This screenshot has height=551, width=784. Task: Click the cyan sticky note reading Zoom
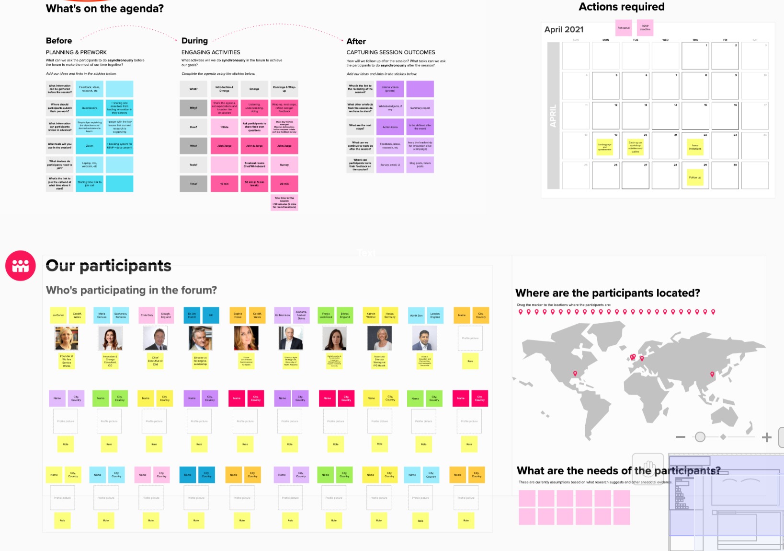(90, 146)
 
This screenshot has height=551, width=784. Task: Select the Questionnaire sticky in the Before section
(90, 108)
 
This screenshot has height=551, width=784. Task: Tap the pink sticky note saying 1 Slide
(224, 127)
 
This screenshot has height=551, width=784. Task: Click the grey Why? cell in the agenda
(193, 108)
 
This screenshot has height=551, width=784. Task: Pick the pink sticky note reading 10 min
(224, 184)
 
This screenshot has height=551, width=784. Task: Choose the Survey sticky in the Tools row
(284, 165)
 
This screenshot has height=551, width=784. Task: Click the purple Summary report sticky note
(420, 108)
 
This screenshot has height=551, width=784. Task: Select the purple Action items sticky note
(390, 127)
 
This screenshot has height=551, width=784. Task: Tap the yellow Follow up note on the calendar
(695, 177)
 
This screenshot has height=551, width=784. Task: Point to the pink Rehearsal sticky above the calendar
(624, 28)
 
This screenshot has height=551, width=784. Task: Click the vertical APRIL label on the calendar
(553, 116)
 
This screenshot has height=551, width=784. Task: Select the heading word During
(194, 41)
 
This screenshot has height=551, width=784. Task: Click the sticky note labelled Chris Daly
(147, 315)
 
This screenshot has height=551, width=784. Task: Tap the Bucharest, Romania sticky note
(121, 315)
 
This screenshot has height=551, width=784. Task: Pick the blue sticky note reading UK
(211, 315)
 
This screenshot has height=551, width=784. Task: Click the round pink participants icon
(21, 266)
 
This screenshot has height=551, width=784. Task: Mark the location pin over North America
(575, 374)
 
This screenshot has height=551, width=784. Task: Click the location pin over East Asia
(712, 374)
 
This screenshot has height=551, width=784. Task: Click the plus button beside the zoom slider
(767, 437)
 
